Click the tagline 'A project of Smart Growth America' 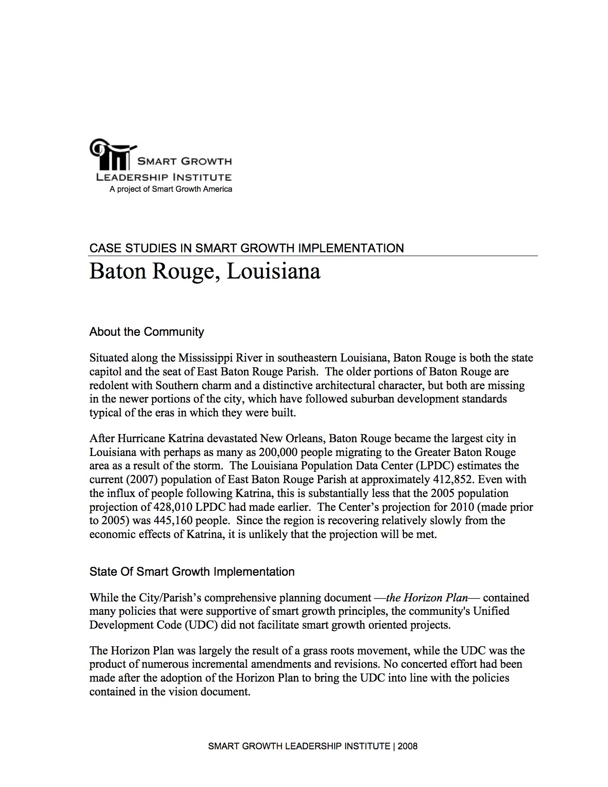[171, 189]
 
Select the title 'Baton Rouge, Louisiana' [205, 272]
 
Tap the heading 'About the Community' [146, 332]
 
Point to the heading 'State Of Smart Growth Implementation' [192, 572]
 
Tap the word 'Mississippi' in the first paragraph [206, 358]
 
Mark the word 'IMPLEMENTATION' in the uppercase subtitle [350, 249]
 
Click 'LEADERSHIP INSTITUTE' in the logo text [164, 177]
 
